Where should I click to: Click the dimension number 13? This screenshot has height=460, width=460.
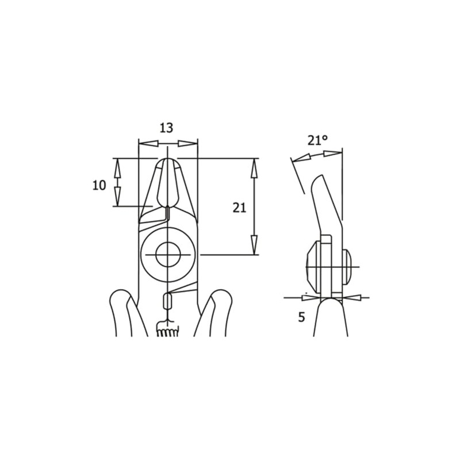166,128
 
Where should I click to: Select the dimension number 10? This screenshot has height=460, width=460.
99,185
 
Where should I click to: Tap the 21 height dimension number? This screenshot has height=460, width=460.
239,208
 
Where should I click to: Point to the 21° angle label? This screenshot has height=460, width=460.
318,140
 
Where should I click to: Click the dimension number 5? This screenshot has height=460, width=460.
301,317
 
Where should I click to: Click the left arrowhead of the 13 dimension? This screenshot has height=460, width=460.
148,143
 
